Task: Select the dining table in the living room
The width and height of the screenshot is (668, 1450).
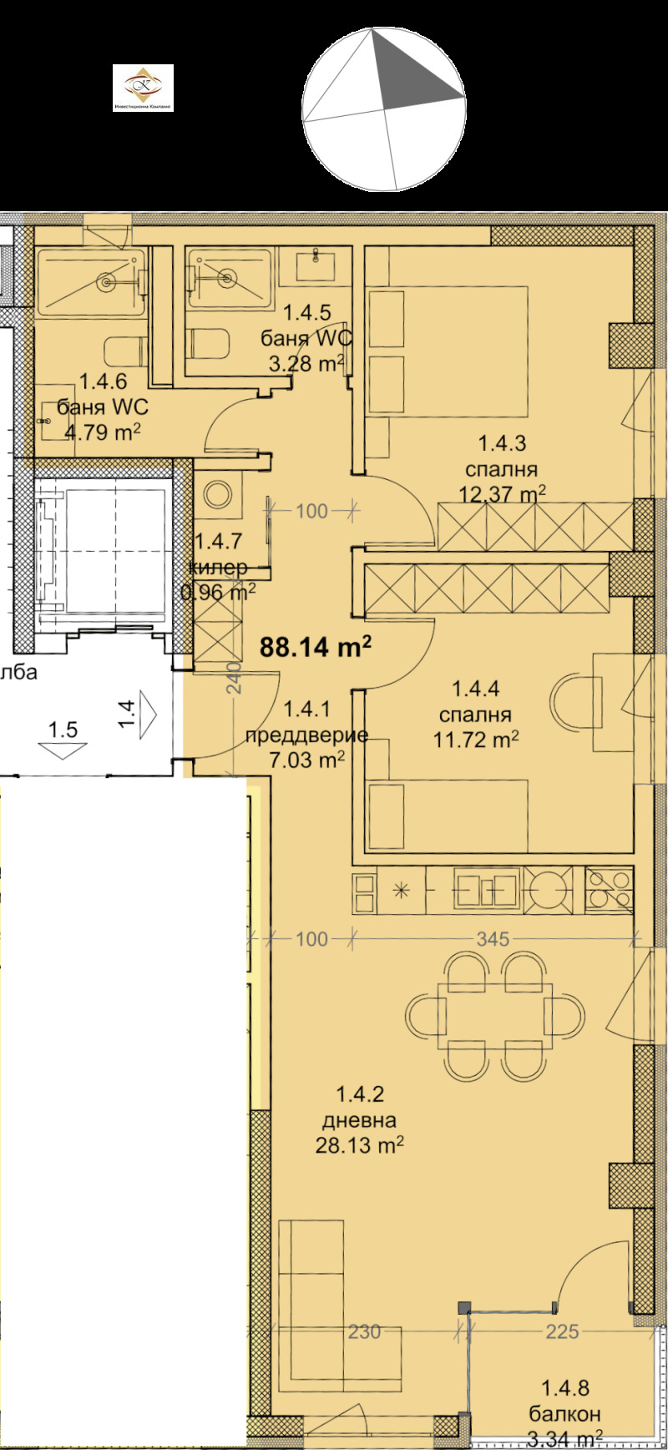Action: pos(494,1015)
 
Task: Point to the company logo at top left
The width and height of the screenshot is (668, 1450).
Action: pos(143,88)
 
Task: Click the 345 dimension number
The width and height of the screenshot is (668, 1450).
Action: pos(493,939)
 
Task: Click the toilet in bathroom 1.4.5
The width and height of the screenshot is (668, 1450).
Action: pos(205,342)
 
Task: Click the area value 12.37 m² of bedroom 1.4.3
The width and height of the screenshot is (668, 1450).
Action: pos(502,493)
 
